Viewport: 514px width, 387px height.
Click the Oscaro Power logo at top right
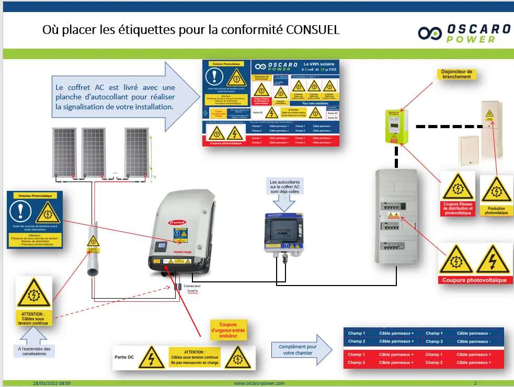(x=464, y=32)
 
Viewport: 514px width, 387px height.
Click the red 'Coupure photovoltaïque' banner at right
(x=475, y=280)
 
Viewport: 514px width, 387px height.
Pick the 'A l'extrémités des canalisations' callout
(x=33, y=351)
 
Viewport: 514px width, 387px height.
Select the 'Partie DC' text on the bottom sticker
(x=124, y=357)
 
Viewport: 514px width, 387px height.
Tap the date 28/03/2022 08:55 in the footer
(x=51, y=383)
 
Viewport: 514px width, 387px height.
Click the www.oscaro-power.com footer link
(x=259, y=383)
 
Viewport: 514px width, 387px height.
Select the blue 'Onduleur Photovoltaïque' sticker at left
(x=35, y=220)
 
